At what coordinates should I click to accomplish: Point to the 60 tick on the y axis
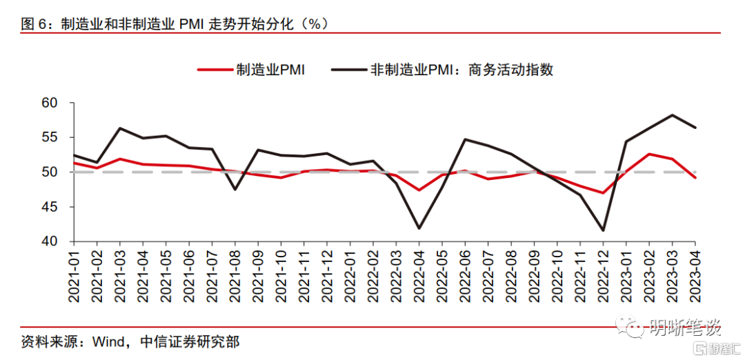click(57, 103)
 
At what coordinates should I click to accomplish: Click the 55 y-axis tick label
click(57, 137)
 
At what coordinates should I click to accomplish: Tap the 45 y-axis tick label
click(57, 207)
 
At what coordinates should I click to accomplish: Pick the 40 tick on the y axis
click(57, 241)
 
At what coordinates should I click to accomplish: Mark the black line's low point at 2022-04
click(419, 228)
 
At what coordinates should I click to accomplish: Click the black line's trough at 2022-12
click(603, 230)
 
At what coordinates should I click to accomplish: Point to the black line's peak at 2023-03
click(672, 115)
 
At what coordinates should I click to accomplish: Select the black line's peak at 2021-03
click(120, 128)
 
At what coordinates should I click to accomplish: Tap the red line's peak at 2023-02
click(649, 154)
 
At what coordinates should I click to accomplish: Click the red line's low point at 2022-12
click(603, 192)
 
